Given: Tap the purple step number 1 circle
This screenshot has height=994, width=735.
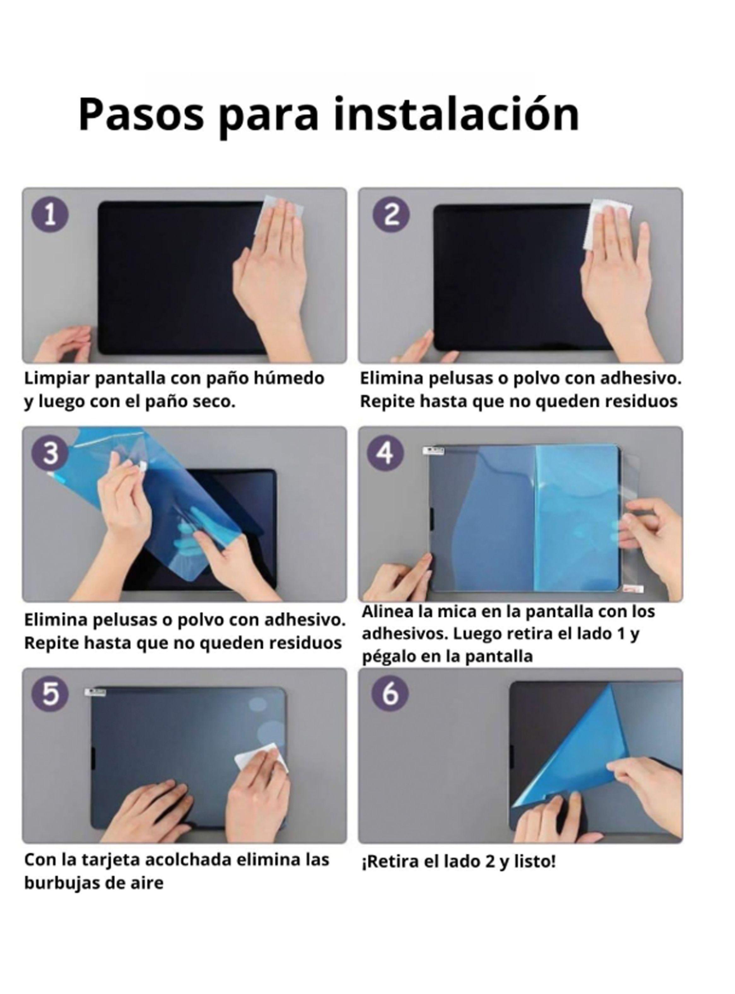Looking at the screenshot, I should tap(50, 216).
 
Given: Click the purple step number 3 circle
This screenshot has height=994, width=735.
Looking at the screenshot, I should tap(50, 454).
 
